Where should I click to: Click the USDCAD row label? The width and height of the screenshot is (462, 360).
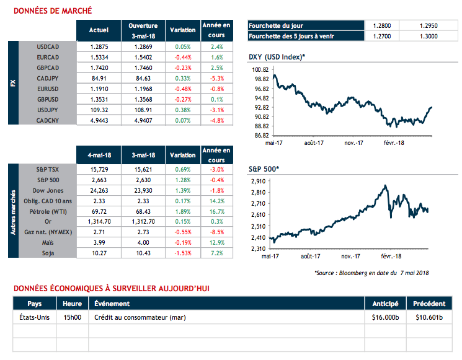click(x=47, y=46)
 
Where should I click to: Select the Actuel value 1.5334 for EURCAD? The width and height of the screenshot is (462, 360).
click(x=99, y=56)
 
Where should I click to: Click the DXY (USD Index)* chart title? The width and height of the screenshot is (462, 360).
click(x=277, y=57)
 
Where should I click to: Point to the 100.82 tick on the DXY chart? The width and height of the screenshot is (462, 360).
click(x=260, y=70)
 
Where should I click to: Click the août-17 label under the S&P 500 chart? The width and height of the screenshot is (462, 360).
click(x=314, y=255)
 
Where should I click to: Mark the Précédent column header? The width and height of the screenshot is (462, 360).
click(x=429, y=304)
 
